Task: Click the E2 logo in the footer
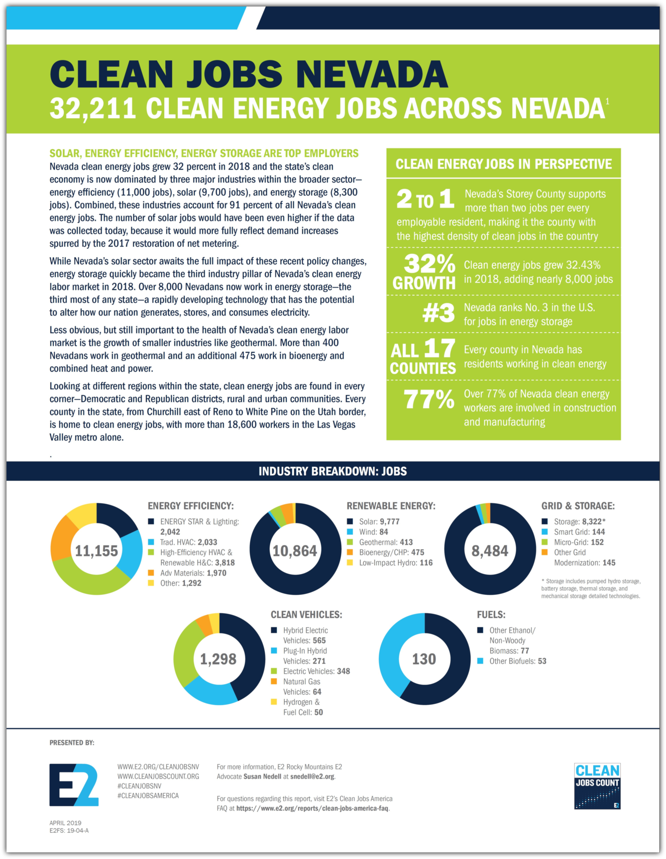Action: (x=74, y=784)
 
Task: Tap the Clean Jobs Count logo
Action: (x=597, y=786)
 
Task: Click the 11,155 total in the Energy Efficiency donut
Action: (x=96, y=550)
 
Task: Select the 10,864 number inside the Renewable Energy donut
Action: (x=295, y=550)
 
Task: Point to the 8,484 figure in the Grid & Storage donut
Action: (x=490, y=550)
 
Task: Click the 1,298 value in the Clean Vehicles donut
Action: (x=218, y=659)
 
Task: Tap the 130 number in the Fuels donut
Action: (x=424, y=659)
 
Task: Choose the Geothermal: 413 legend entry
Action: (x=386, y=542)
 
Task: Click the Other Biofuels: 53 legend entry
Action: (x=518, y=661)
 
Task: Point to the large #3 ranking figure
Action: (x=438, y=313)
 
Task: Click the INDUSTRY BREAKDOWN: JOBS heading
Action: (x=333, y=471)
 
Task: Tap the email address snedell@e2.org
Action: (x=312, y=776)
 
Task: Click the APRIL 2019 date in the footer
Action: (x=65, y=823)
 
